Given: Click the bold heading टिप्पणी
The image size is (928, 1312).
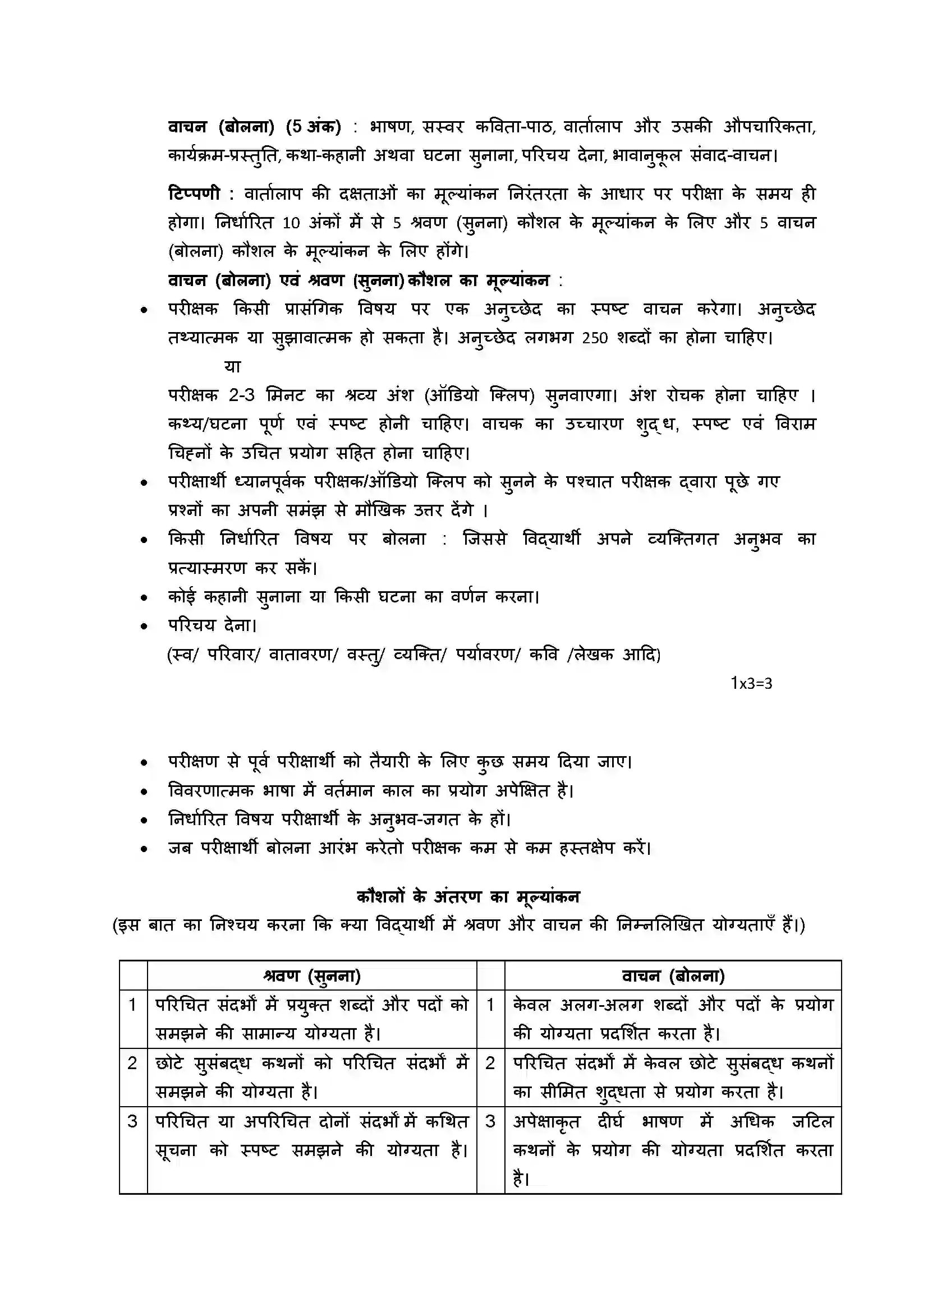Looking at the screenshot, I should tap(194, 194).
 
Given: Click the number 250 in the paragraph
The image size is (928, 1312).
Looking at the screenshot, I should tap(594, 338).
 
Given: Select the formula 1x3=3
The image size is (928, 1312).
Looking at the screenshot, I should tap(751, 683).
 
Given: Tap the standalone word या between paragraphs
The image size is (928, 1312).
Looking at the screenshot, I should tap(233, 366).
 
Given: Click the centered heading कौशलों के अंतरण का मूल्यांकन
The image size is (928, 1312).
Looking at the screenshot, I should tap(468, 896).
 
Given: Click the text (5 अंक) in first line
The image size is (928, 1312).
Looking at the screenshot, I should tap(313, 126).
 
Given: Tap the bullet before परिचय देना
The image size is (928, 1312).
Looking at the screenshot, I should tap(144, 627).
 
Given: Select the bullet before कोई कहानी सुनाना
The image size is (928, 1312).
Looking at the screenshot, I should tap(144, 598).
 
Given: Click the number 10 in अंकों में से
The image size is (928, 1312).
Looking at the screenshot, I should tap(291, 223).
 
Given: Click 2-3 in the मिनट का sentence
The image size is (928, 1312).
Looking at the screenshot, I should tap(242, 395).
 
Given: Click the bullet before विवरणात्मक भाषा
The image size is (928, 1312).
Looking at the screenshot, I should tap(144, 791).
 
